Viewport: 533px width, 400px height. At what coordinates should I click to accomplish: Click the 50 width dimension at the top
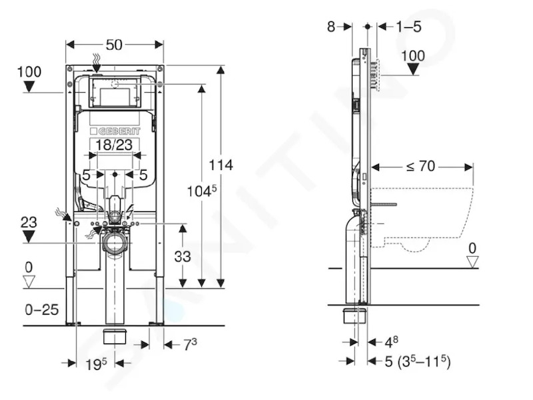114,45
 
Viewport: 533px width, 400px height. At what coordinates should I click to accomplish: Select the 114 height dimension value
221,165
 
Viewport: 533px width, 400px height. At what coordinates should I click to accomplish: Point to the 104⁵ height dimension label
202,191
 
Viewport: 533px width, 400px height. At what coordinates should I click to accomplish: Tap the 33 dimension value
183,257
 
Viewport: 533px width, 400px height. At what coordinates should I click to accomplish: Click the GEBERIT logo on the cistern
115,131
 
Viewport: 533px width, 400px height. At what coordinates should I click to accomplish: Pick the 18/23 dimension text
114,145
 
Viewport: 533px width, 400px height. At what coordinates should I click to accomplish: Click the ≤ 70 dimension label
420,166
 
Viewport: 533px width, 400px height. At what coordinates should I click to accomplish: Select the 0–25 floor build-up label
42,309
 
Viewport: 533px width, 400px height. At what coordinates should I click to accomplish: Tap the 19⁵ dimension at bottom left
95,364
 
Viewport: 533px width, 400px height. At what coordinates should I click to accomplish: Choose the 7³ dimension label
191,345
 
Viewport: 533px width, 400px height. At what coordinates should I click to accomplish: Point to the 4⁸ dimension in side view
391,342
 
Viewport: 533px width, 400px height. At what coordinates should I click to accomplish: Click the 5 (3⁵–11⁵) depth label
418,361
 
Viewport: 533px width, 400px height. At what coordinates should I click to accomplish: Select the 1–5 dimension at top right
408,27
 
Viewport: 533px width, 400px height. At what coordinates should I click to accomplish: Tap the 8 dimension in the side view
331,27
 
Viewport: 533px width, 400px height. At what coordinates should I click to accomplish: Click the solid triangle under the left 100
29,87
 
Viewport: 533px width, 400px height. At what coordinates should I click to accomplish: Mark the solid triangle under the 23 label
29,237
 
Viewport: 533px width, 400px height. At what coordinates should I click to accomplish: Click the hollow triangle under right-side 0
472,262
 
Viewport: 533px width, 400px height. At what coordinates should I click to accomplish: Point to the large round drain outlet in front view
114,243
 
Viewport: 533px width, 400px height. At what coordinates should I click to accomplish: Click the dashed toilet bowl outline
422,220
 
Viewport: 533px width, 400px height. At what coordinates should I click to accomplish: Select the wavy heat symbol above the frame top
97,60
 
